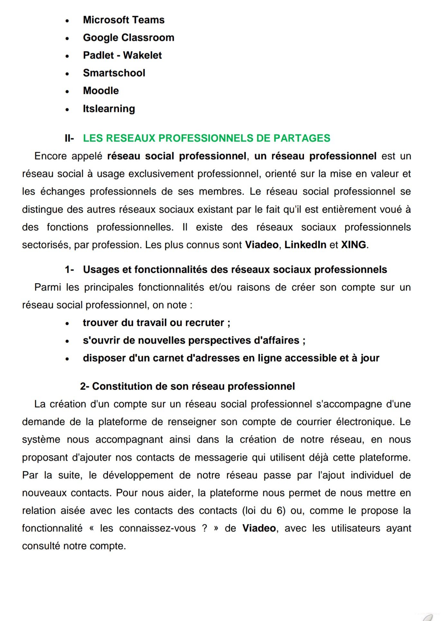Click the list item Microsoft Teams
click(x=123, y=20)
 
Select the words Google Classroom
click(x=128, y=38)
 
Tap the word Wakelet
click(x=142, y=55)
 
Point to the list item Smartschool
click(x=114, y=73)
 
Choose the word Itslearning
click(x=109, y=109)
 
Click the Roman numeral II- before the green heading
click(x=69, y=138)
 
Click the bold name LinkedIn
click(x=305, y=245)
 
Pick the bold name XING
click(x=353, y=245)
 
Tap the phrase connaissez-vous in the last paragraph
click(x=157, y=528)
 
